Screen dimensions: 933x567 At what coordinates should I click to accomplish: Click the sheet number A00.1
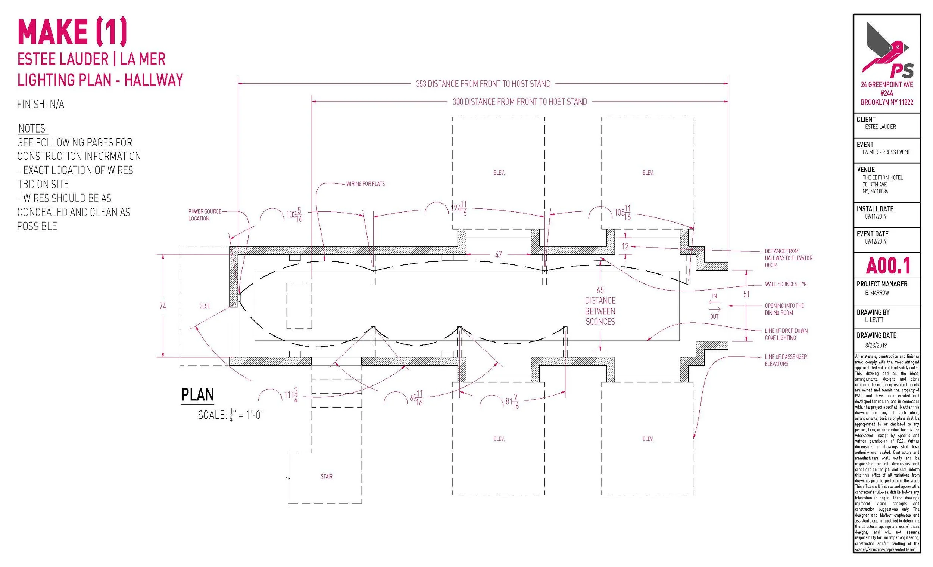887,266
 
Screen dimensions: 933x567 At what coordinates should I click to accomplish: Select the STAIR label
327,476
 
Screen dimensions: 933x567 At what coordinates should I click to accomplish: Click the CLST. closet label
205,306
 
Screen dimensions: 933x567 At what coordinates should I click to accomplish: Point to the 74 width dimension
163,306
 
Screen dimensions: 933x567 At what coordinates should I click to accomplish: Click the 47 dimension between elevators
498,255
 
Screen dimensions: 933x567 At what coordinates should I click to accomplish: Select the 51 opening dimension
746,294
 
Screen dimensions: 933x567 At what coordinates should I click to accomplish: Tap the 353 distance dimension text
483,84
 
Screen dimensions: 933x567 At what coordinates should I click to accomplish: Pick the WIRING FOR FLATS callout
365,184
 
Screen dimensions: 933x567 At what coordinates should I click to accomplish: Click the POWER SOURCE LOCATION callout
205,215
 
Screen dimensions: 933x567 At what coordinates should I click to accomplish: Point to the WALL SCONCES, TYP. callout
786,284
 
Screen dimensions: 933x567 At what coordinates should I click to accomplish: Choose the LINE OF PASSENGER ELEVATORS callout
786,360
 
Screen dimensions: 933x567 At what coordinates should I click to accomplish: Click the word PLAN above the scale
198,394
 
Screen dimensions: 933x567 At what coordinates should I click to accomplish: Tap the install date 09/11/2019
876,217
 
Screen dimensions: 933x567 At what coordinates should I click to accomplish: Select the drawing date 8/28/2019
876,345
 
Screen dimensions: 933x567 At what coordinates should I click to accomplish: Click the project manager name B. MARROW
877,293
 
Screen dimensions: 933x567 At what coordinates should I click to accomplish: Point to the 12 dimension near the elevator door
625,247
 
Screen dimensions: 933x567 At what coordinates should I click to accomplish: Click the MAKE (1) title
72,32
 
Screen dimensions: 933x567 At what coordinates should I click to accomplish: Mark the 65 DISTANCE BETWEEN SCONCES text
600,306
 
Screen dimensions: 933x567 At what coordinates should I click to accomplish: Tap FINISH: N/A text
41,105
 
